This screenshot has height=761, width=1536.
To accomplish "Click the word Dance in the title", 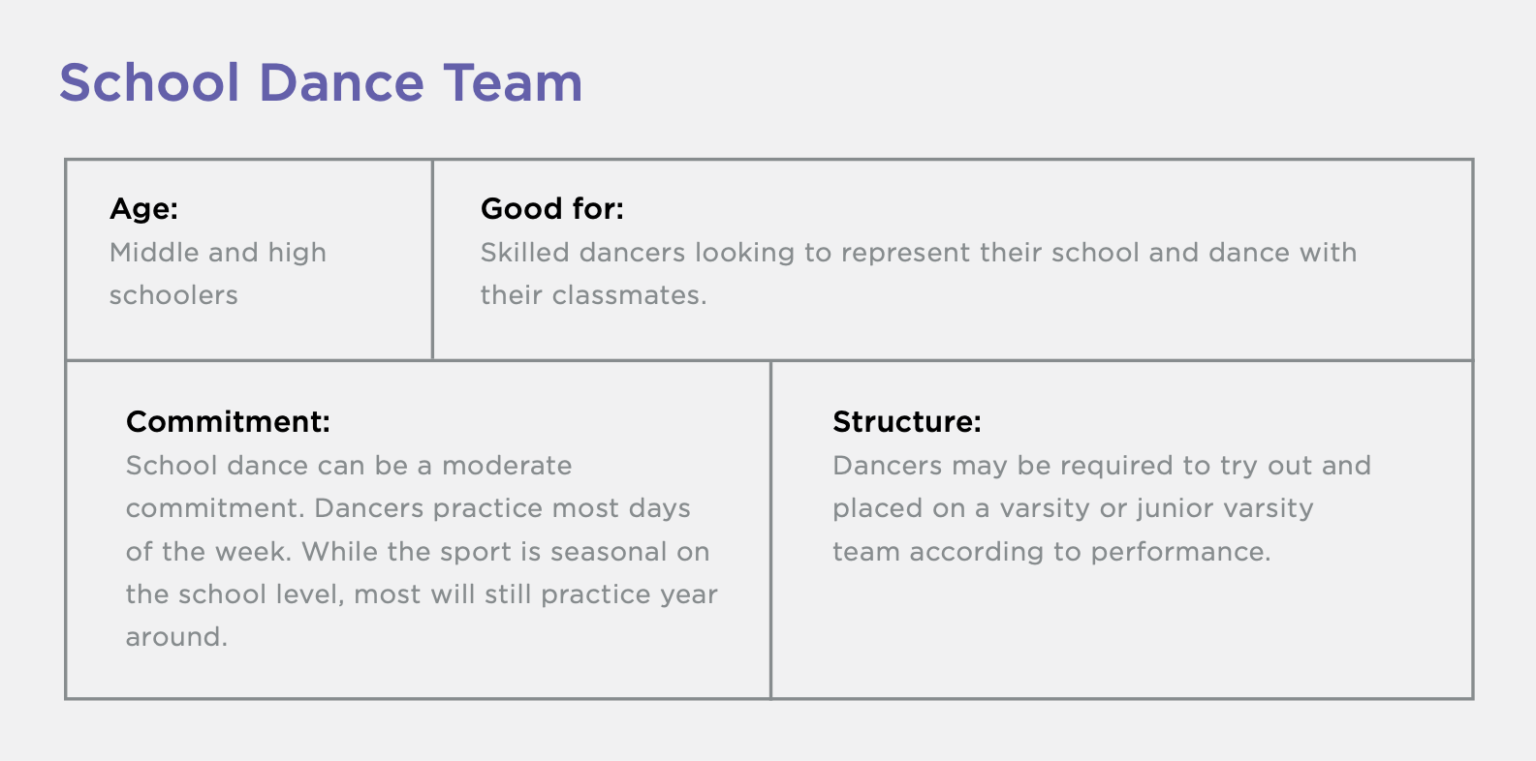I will pos(341,82).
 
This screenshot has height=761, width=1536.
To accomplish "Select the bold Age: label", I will pos(143,209).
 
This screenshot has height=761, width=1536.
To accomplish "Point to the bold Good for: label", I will pos(551,209).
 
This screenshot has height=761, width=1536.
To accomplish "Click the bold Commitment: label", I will pos(228,422).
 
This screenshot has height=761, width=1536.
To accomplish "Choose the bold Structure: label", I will pos(906,422).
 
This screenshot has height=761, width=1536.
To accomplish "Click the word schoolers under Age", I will pos(173,295).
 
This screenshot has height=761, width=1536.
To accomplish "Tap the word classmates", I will pos(629,295).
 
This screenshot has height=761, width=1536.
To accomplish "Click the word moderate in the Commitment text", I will pos(507,466).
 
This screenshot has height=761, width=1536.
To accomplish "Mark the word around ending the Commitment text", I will pos(175,637).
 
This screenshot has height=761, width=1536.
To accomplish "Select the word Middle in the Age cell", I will pos(152,253).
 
